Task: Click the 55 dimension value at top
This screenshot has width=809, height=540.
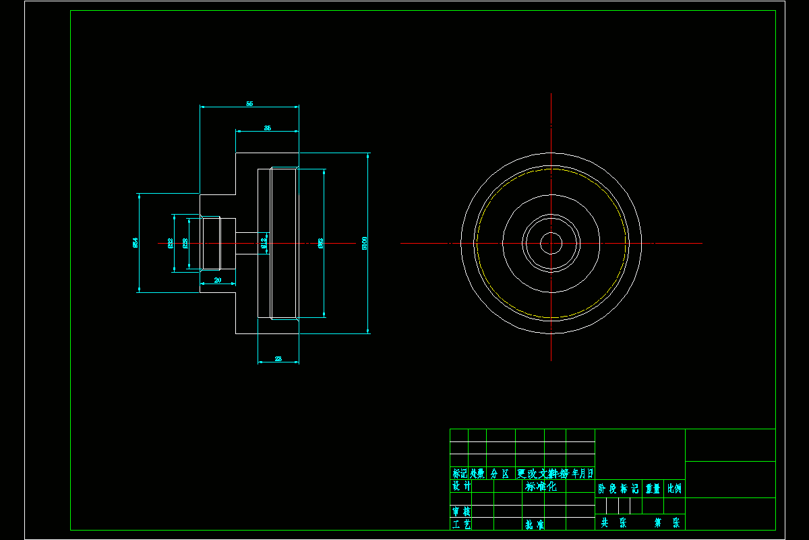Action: coord(249,104)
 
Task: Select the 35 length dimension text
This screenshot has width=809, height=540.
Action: coord(268,128)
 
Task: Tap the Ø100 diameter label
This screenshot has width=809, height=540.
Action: coord(365,242)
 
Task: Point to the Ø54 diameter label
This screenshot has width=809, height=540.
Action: coord(136,242)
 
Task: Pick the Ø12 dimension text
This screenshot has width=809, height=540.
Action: coord(264,242)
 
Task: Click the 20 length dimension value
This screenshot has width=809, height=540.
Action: coord(218,279)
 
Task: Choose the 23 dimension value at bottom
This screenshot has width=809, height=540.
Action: coord(278,359)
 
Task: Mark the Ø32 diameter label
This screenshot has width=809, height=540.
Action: coord(170,243)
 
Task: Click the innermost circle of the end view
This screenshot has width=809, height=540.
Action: coord(551,243)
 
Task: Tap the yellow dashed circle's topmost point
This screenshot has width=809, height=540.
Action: coord(551,169)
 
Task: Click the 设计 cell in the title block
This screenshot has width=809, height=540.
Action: coord(461,487)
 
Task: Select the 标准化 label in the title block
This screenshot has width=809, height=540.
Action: coord(541,487)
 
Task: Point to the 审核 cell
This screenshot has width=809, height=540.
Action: coord(461,512)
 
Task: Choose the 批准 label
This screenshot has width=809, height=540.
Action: coord(535,524)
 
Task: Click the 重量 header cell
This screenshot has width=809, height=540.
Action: coord(653,489)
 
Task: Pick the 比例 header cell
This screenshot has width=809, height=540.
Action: coord(674,489)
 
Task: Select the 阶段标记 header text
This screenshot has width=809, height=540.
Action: coord(618,489)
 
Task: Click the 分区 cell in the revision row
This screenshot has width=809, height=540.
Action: coord(500,473)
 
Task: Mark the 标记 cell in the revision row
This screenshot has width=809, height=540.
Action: coord(460,473)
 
